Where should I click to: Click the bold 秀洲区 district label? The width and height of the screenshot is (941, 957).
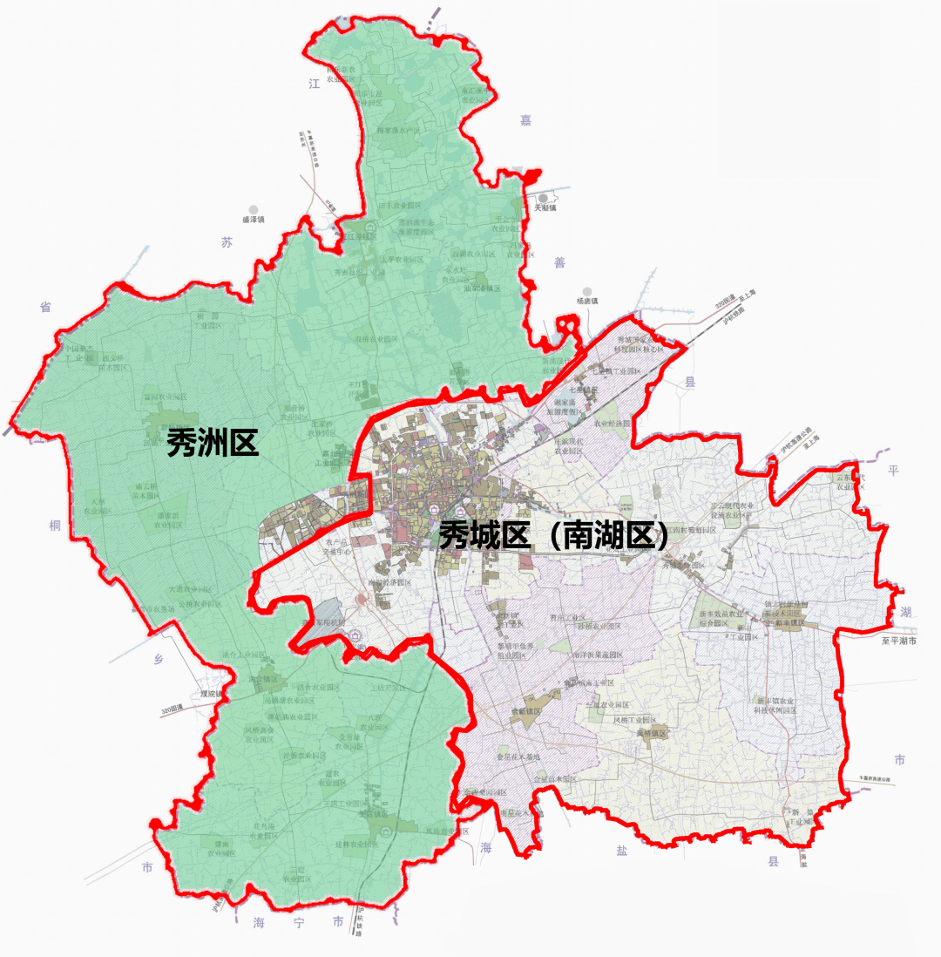(x=213, y=444)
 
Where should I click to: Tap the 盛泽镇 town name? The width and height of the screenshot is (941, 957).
(x=253, y=220)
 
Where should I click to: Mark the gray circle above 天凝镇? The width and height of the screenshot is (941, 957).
(x=544, y=198)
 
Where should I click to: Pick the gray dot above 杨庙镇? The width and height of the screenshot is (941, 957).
(x=588, y=290)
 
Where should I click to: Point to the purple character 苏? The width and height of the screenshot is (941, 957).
(x=227, y=243)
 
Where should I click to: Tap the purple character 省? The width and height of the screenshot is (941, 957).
(x=44, y=307)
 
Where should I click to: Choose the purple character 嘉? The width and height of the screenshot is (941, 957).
(x=525, y=119)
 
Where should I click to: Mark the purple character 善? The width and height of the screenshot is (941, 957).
(x=559, y=262)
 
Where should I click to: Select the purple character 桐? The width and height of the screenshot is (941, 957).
(x=55, y=526)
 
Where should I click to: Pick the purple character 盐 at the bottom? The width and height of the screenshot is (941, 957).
(x=621, y=851)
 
